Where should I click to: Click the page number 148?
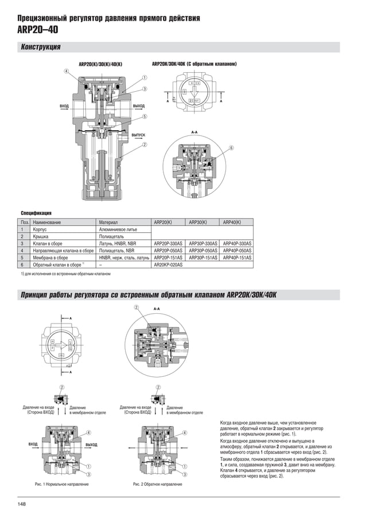pos(21,504)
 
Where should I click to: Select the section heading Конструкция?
pos(41,47)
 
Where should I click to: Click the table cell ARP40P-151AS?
pos(237,258)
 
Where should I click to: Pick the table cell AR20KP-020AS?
pos(168,265)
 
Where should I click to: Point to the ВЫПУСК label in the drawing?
pos(138,135)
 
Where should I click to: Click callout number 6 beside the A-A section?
pos(231,148)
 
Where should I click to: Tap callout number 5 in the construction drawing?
pos(145,116)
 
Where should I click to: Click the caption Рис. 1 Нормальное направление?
pos(61,485)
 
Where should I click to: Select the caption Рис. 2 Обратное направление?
pos(157,485)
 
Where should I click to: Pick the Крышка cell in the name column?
pos(40,236)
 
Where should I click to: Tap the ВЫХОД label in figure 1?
pos(91,445)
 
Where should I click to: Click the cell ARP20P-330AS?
pos(168,243)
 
